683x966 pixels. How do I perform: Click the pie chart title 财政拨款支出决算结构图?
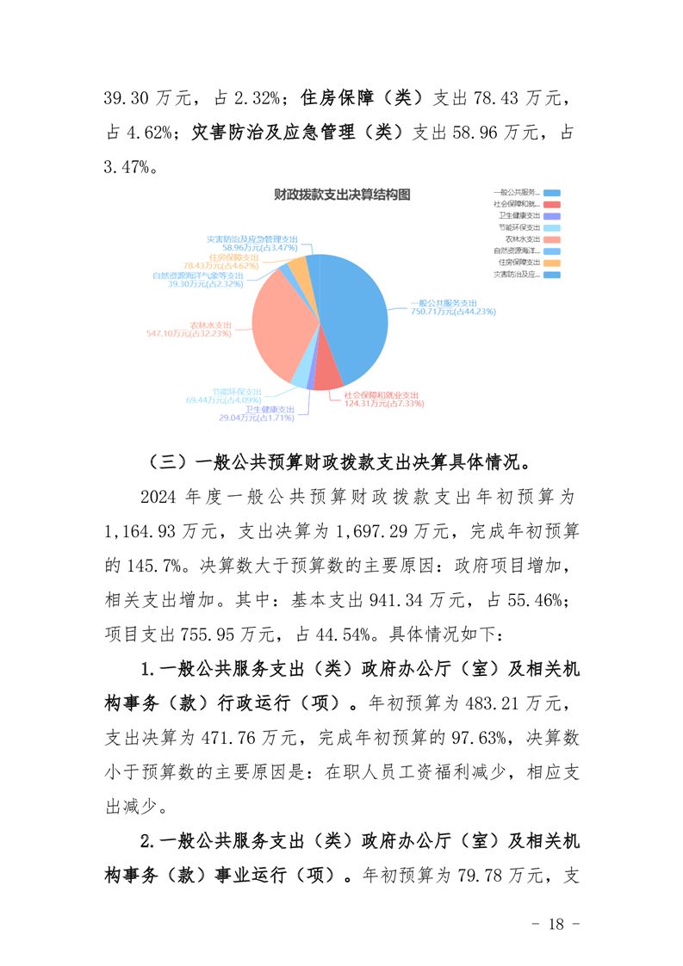(341, 195)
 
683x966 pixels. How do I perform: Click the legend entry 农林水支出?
(523, 238)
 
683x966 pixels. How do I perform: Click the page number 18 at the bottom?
(556, 925)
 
